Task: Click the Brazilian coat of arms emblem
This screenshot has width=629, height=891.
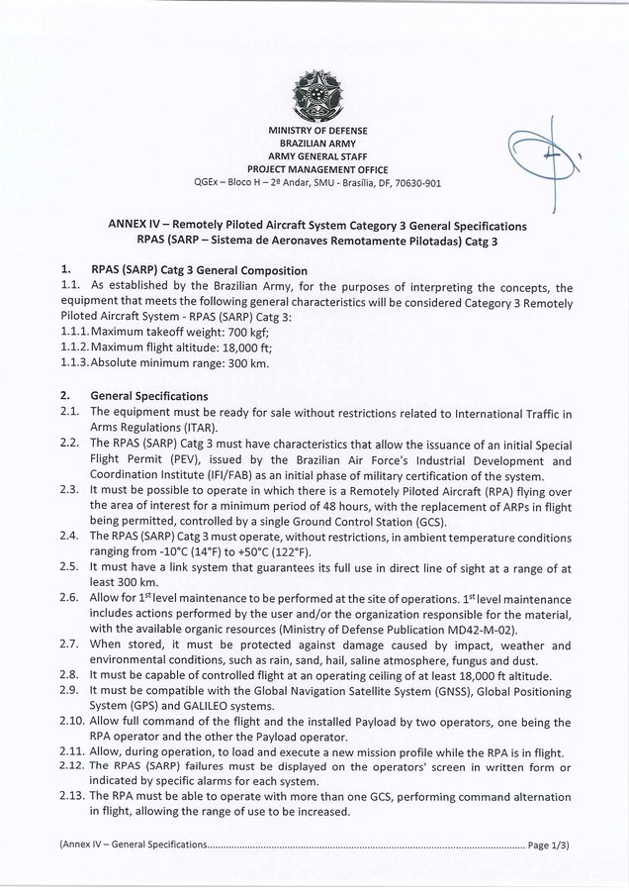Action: (x=314, y=95)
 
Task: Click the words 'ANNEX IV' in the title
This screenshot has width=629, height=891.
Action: (x=135, y=226)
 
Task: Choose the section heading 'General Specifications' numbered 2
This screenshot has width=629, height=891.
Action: (x=148, y=396)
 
